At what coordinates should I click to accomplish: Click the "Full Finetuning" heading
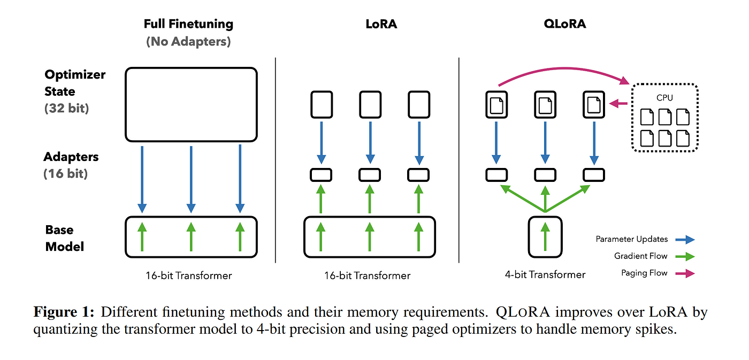click(188, 24)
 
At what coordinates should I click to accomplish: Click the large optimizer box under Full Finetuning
click(191, 104)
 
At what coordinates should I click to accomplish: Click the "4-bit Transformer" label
click(545, 274)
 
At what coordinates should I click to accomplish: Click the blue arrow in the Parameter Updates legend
click(685, 240)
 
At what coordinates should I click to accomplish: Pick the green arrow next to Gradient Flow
click(685, 257)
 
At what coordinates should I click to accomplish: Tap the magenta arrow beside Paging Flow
click(685, 273)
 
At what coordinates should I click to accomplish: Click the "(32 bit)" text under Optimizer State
click(67, 108)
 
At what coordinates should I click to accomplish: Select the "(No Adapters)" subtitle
click(188, 41)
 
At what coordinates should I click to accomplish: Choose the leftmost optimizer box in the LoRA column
click(322, 104)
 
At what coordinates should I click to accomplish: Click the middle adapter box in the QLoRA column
click(545, 175)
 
